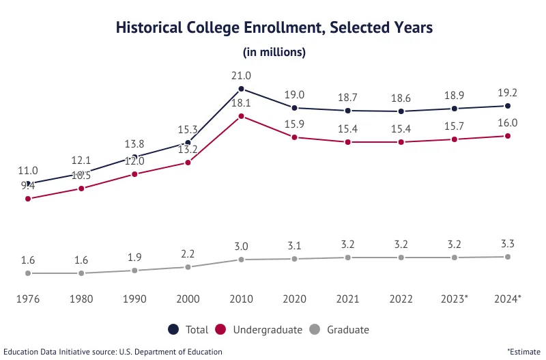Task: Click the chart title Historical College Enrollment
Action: coord(274,28)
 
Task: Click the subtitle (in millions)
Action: coord(274,52)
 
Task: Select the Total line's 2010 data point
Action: coord(242,89)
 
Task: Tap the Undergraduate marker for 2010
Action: coord(242,116)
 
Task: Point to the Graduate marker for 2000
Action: coord(188,267)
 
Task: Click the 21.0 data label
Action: coord(242,76)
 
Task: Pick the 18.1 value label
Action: coord(242,103)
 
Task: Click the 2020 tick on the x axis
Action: coord(295,299)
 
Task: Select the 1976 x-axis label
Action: coord(28,299)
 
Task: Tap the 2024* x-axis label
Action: coord(508,299)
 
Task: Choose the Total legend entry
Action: coord(189,330)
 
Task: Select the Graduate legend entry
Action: coord(339,330)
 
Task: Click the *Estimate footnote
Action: coord(523,351)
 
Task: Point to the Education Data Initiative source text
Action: coord(113,351)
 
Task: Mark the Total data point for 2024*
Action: coord(508,106)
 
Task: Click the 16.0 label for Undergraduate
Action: coord(508,123)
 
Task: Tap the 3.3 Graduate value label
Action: coord(508,244)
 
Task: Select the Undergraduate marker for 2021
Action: coord(348,142)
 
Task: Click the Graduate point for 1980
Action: coord(81,273)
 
